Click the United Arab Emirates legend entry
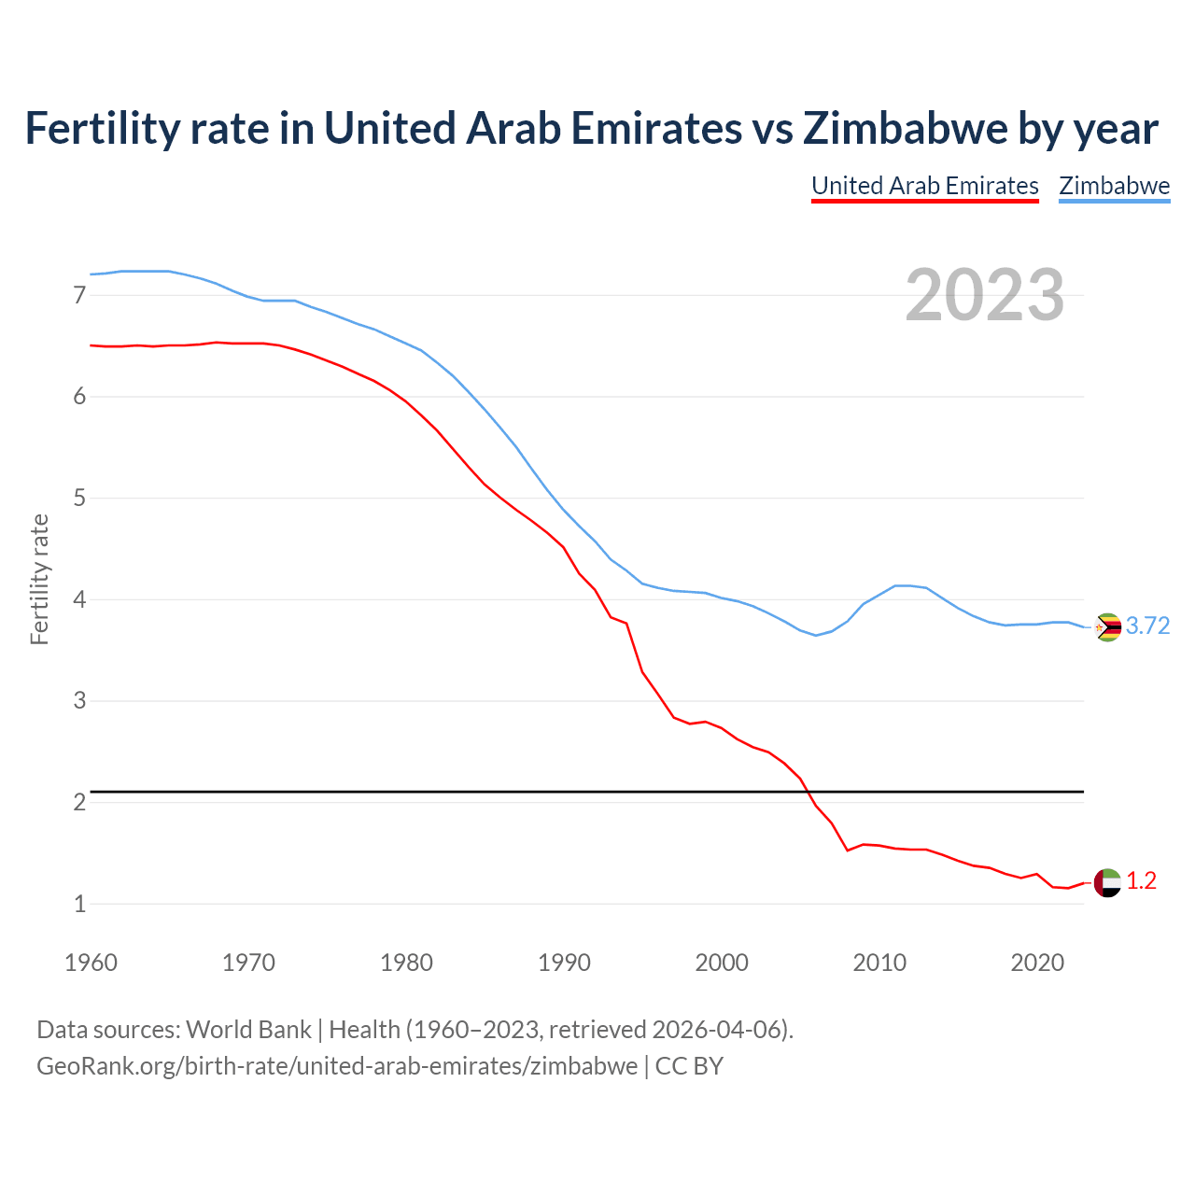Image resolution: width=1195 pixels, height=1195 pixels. tap(924, 186)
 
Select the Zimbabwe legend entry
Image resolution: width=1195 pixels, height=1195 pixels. tap(1114, 186)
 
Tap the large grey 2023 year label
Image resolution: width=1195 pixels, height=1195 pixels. tap(984, 295)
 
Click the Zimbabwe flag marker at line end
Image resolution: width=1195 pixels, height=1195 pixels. tap(1107, 627)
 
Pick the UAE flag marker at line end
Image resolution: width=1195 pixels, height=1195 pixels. tap(1107, 882)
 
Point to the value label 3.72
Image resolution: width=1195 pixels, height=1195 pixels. tap(1147, 626)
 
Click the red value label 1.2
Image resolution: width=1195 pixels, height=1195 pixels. tap(1141, 881)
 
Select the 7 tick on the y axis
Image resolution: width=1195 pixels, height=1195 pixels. tap(79, 296)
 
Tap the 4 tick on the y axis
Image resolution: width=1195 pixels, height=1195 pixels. tap(79, 599)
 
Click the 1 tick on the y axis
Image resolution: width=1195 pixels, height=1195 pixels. tap(79, 904)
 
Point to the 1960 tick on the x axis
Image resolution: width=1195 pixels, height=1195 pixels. tap(91, 963)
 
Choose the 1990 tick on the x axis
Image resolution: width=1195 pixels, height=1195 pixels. tap(564, 963)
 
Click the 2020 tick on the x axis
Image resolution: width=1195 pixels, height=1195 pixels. tap(1037, 963)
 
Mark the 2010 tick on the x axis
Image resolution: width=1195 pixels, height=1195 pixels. tap(879, 963)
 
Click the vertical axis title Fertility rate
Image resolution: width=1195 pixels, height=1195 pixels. tap(39, 579)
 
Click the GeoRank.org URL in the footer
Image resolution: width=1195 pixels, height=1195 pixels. tap(337, 1066)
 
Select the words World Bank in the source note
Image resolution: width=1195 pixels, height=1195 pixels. tap(248, 1030)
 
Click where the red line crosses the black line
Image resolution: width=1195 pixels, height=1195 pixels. tap(808, 792)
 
